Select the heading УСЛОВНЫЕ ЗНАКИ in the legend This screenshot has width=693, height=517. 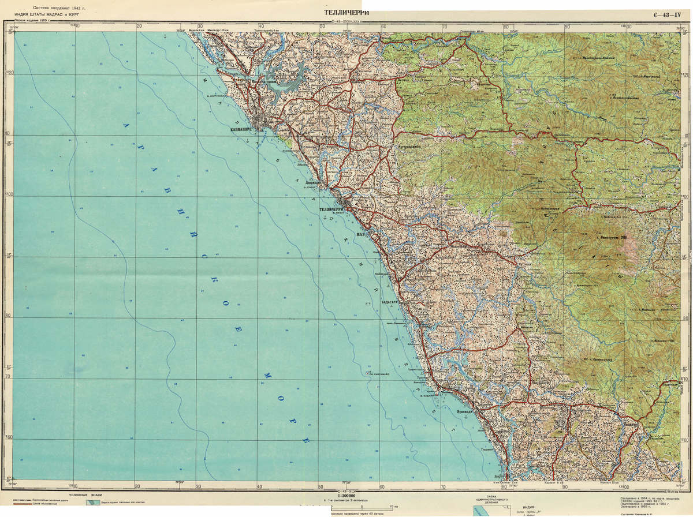pyautogui.click(x=84, y=496)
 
